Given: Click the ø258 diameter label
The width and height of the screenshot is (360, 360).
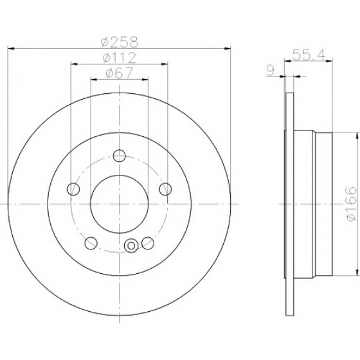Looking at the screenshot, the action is pyautogui.click(x=120, y=42).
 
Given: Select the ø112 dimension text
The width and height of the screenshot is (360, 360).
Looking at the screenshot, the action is pyautogui.click(x=120, y=58).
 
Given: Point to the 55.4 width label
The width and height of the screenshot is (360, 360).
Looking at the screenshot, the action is pyautogui.click(x=309, y=55).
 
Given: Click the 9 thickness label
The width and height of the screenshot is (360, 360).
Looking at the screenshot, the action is pyautogui.click(x=271, y=71).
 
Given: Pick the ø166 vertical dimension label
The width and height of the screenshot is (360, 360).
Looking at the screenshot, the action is pyautogui.click(x=352, y=204).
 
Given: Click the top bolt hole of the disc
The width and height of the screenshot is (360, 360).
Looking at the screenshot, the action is pyautogui.click(x=120, y=156).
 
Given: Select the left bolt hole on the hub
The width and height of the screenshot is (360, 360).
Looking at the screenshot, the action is pyautogui.click(x=73, y=189).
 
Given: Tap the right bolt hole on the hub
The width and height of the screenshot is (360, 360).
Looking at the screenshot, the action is pyautogui.click(x=165, y=189).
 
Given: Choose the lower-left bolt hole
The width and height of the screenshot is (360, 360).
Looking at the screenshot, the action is pyautogui.click(x=91, y=243).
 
